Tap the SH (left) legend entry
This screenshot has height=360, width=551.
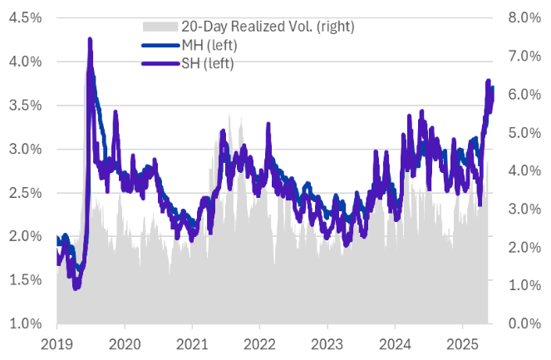(204, 62)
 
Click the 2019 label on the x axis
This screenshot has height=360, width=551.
(57, 343)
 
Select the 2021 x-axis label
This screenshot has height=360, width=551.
(192, 343)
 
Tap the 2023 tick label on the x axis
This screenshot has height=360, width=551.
(327, 343)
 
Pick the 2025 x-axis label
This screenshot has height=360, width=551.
(462, 343)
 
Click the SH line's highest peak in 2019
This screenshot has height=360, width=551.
(89, 40)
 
